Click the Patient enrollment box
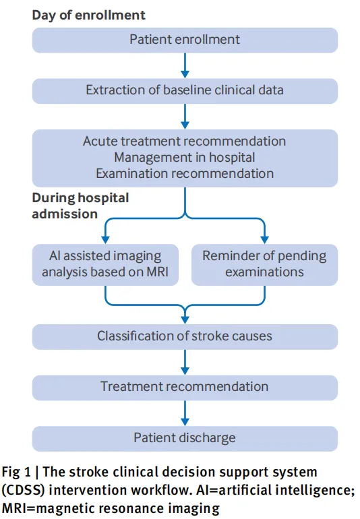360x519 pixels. [x=185, y=40]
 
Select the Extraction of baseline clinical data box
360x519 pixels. [x=185, y=91]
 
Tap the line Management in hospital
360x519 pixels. [x=185, y=157]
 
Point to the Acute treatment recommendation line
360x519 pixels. [x=185, y=142]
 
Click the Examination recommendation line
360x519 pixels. [x=185, y=173]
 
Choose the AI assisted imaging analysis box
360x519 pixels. [x=105, y=264]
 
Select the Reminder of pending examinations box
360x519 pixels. [x=265, y=264]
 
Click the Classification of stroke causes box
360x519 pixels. [x=185, y=337]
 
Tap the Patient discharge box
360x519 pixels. [x=185, y=439]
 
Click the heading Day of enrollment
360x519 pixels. [x=88, y=16]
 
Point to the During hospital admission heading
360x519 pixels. [x=80, y=206]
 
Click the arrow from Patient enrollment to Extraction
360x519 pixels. [x=185, y=65]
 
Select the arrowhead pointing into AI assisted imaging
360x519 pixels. [x=105, y=240]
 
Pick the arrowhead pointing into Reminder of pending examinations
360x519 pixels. [x=265, y=240]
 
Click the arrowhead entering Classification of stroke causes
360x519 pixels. [x=185, y=320]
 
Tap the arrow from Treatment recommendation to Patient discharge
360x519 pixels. [x=185, y=413]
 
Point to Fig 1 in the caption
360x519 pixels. [x=16, y=472]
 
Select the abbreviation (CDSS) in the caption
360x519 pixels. [x=23, y=490]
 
